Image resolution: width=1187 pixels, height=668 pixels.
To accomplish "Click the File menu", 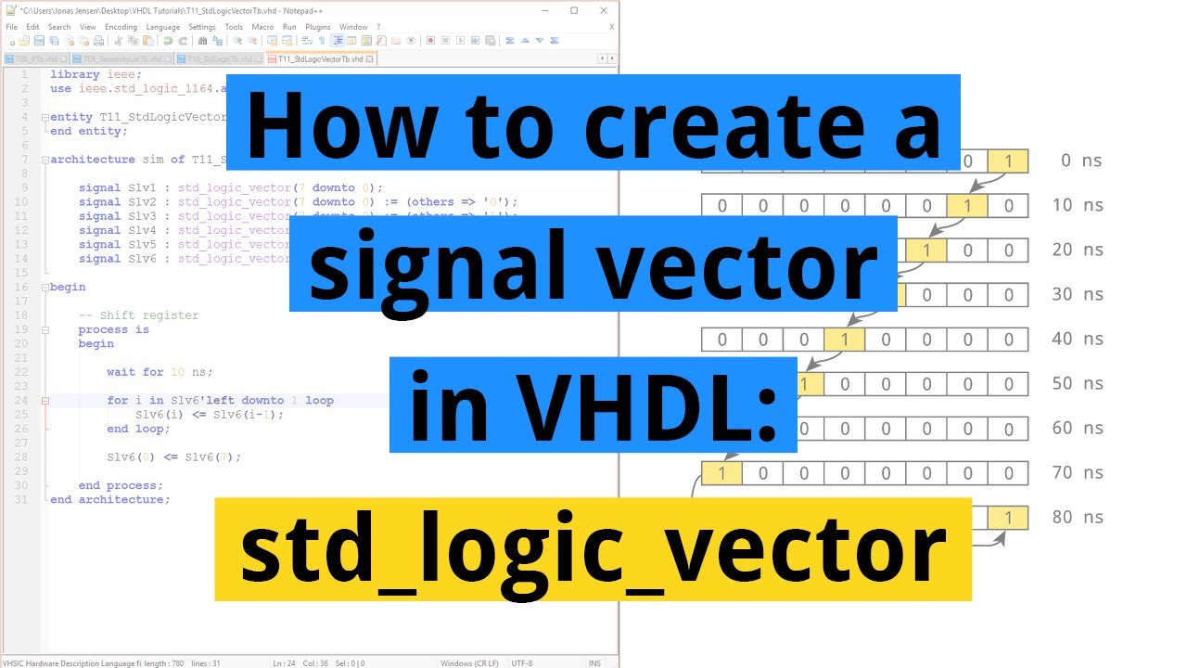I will click(11, 27).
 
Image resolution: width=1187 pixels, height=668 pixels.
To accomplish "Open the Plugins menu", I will click(318, 27).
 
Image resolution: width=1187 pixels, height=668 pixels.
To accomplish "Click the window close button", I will click(604, 10).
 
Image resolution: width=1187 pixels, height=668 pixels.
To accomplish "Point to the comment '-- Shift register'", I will click(138, 315).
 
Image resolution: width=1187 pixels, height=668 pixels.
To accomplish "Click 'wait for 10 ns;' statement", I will click(160, 372).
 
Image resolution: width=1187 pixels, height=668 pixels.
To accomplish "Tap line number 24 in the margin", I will click(21, 401).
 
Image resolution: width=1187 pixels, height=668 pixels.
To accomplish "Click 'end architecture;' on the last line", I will click(110, 500).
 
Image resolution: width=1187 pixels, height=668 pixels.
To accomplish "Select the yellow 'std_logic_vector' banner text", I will click(593, 548).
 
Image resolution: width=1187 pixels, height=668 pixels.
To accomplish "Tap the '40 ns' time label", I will click(1077, 339).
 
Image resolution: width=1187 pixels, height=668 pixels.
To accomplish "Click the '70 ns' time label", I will click(1077, 472).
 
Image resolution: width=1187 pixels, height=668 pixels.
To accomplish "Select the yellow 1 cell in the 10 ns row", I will click(967, 205).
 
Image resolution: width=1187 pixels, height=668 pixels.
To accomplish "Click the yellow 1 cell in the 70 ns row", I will click(721, 473).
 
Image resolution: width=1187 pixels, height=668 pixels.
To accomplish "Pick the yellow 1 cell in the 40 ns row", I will click(844, 340).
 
